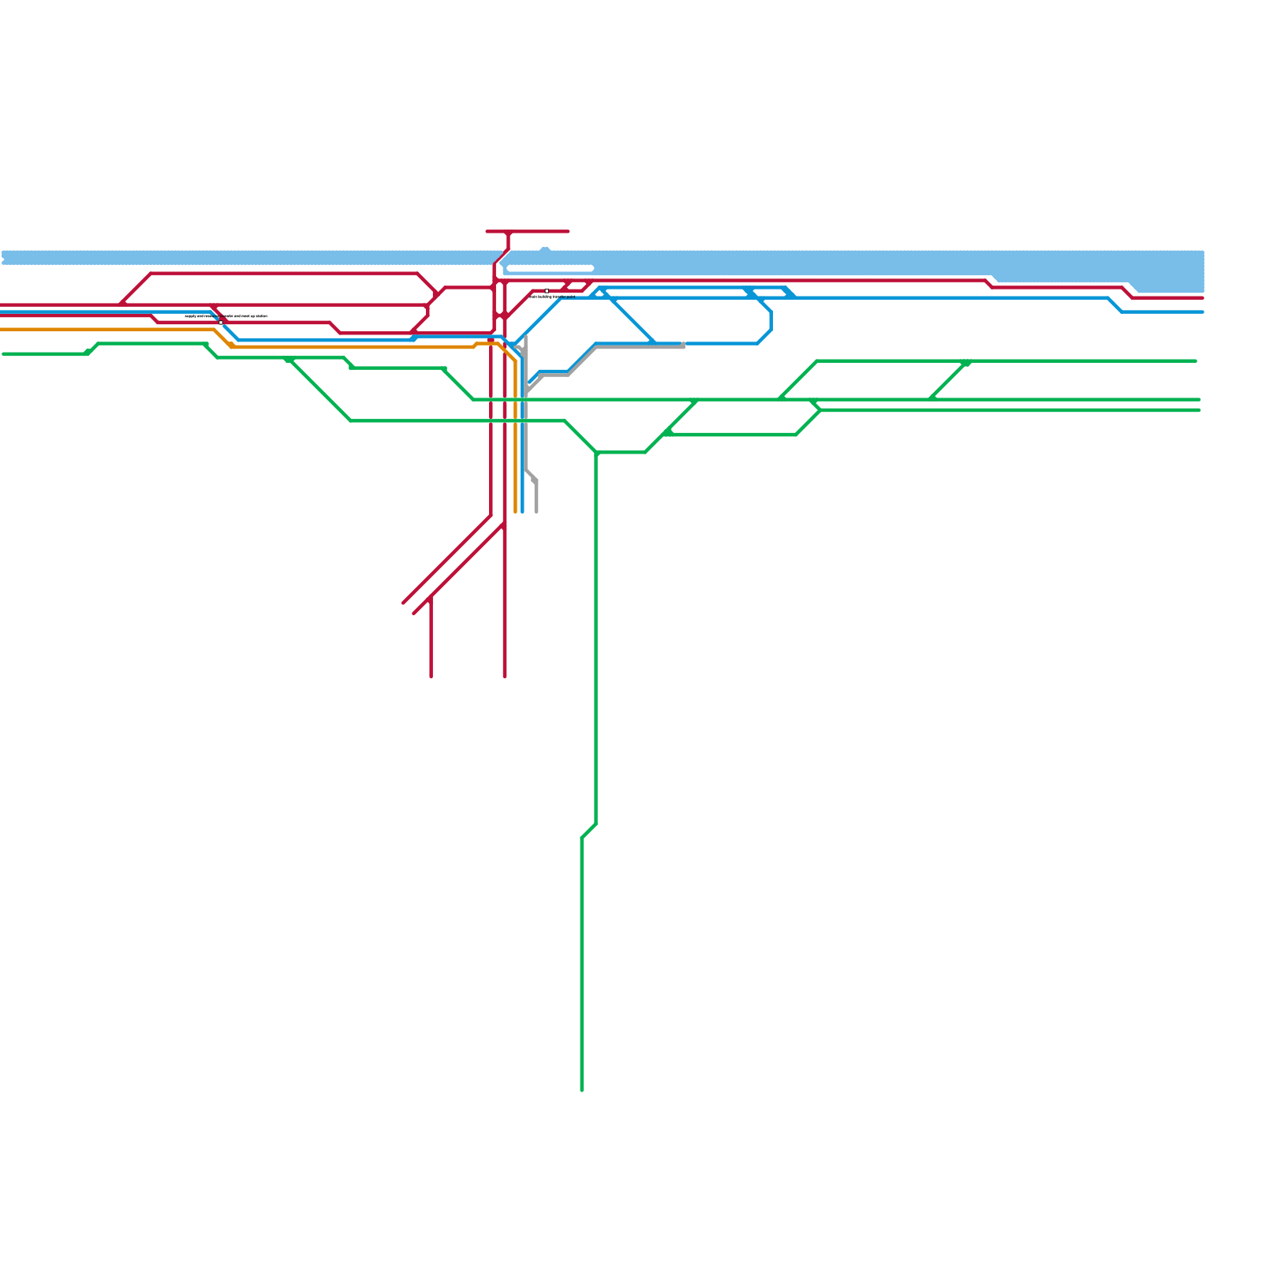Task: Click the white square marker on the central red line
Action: coord(547,291)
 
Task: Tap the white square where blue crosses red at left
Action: coord(221,322)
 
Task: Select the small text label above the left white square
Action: coord(226,316)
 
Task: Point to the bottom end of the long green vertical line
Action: coord(582,1090)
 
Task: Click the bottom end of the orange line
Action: coord(516,513)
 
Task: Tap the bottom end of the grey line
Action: coord(536,513)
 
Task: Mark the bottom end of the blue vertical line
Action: coord(523,513)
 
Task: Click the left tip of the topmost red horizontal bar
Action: coord(487,232)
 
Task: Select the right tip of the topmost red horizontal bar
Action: coord(568,232)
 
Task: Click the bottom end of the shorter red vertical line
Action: coord(431,676)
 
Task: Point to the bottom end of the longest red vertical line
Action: coord(505,676)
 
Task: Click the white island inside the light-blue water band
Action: coord(550,269)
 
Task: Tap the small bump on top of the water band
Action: coord(545,250)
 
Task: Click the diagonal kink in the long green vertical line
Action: coord(589,831)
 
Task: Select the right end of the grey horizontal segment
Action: coord(683,345)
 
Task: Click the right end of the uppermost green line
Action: coord(1196,361)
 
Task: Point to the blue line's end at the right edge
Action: coord(1203,312)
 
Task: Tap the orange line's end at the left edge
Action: coord(2,330)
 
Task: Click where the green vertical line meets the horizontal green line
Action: coord(597,453)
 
